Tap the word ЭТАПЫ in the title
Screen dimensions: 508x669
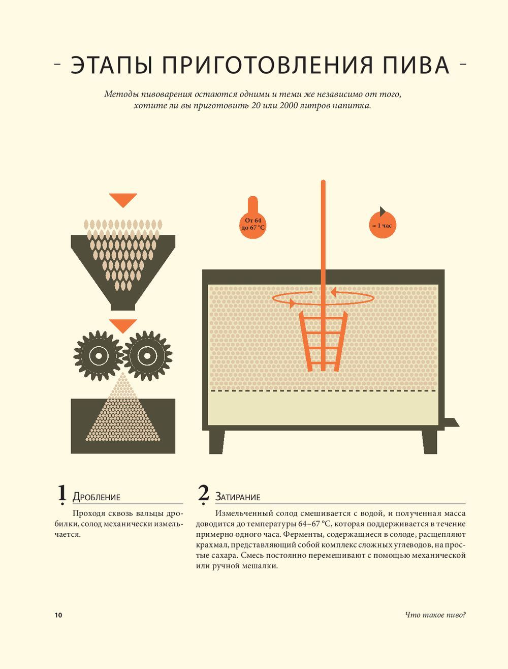[x=111, y=65]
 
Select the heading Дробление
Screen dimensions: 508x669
[x=96, y=497]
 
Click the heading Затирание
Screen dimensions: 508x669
[x=238, y=497]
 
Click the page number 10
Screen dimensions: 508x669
[x=58, y=615]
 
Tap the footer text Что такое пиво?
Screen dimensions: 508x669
[x=435, y=615]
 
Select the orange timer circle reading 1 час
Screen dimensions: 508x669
[x=383, y=225]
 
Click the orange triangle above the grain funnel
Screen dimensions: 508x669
[x=123, y=199]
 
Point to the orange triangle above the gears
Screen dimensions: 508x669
[x=123, y=325]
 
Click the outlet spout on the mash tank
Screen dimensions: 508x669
[x=451, y=422]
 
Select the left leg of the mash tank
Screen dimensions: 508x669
[x=217, y=442]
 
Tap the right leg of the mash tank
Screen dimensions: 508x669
[x=429, y=442]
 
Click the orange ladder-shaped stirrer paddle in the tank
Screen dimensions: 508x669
[x=323, y=341]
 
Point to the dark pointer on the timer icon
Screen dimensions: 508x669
[x=383, y=211]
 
